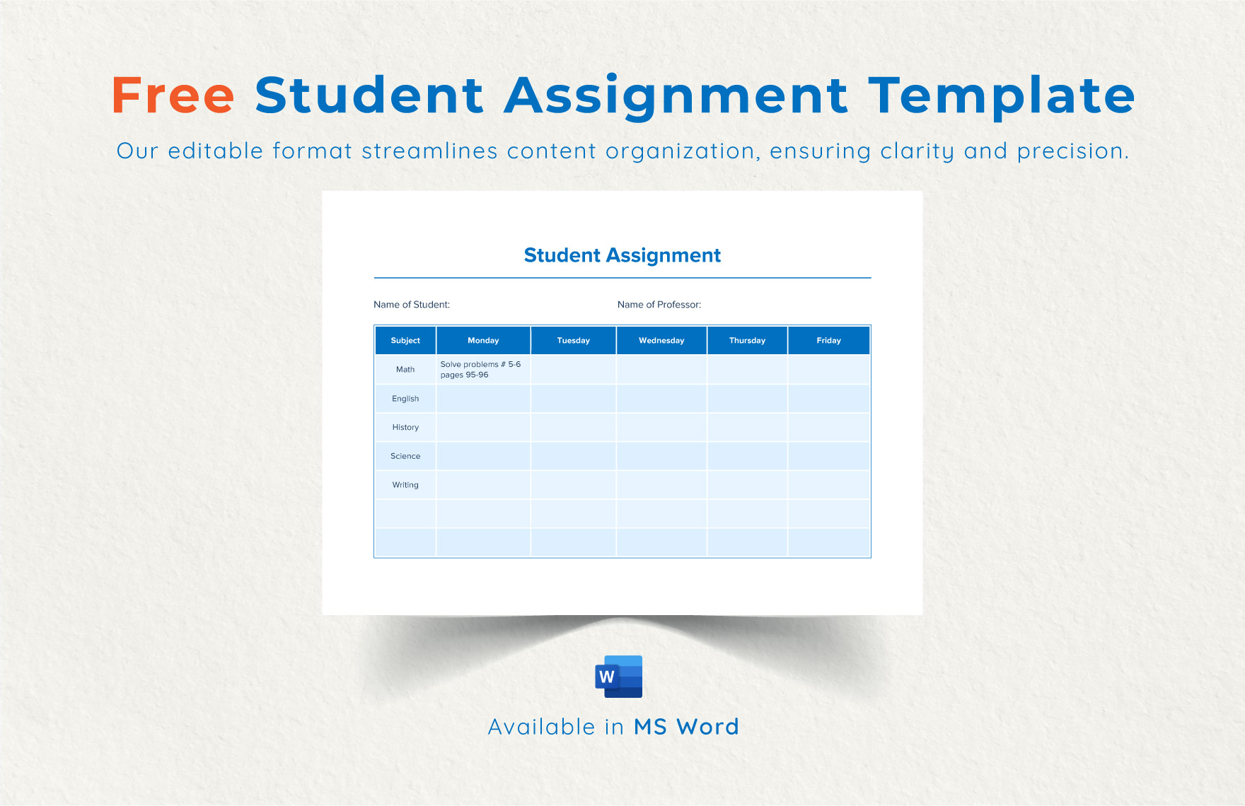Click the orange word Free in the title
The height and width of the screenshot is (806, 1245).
pyautogui.click(x=173, y=95)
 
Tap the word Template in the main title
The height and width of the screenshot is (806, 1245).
pyautogui.click(x=1001, y=95)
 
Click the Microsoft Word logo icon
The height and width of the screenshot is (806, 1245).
pyautogui.click(x=619, y=677)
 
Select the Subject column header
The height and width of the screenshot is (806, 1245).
pyautogui.click(x=405, y=341)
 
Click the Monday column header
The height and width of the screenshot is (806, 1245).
pyautogui.click(x=483, y=341)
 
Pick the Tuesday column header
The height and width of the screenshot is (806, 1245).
pyautogui.click(x=573, y=341)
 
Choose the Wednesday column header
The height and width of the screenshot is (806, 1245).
pyautogui.click(x=661, y=341)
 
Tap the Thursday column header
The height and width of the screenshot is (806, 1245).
pyautogui.click(x=747, y=341)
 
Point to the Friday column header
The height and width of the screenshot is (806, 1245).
pyautogui.click(x=828, y=341)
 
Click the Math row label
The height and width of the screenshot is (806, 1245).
pyautogui.click(x=405, y=370)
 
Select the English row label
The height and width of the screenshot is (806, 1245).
pyautogui.click(x=405, y=399)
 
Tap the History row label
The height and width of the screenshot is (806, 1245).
pyautogui.click(x=405, y=428)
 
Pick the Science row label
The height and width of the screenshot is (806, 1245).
pyautogui.click(x=405, y=457)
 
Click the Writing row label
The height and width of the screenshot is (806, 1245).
pyautogui.click(x=405, y=485)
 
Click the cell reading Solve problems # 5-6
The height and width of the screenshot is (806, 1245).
pyautogui.click(x=480, y=370)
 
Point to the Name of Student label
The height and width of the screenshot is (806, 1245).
pyautogui.click(x=412, y=305)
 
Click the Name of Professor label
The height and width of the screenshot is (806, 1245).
pyautogui.click(x=659, y=305)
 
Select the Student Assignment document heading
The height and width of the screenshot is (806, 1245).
pyautogui.click(x=622, y=255)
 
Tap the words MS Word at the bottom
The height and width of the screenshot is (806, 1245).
pyautogui.click(x=686, y=727)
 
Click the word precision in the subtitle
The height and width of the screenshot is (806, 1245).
pyautogui.click(x=1072, y=151)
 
